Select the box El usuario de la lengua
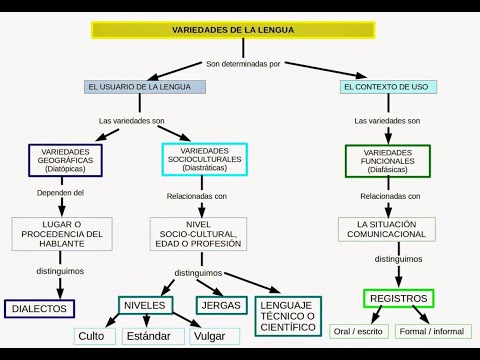145,87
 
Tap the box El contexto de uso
385,87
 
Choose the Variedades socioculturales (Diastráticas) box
204,159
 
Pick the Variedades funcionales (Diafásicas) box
388,160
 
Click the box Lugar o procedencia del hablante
62,234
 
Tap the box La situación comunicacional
387,228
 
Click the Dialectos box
40,309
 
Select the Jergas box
220,304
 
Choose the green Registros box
398,298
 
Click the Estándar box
153,336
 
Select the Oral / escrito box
359,331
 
